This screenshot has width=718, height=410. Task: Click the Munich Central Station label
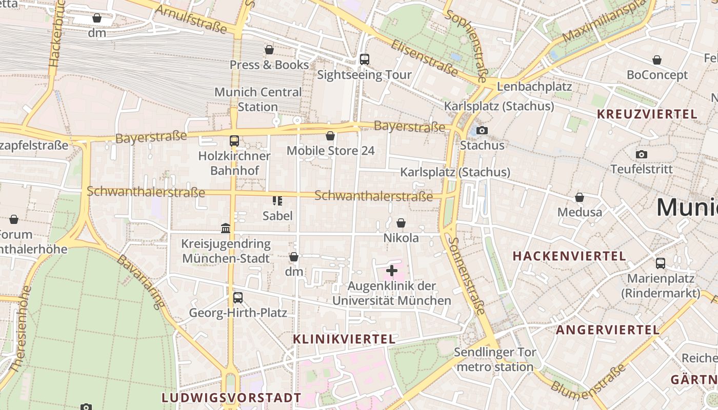click(258, 99)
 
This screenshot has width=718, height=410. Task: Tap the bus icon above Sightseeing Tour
click(364, 59)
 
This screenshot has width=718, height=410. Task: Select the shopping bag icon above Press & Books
click(269, 50)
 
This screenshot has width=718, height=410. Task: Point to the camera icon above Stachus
click(482, 130)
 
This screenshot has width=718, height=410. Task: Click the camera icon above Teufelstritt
click(641, 154)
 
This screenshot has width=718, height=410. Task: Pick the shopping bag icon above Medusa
click(580, 197)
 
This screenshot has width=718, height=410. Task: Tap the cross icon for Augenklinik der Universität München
click(392, 271)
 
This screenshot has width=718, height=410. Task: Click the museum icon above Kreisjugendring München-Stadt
click(226, 228)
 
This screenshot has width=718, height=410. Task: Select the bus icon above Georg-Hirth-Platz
click(237, 297)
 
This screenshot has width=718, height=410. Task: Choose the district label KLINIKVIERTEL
click(344, 339)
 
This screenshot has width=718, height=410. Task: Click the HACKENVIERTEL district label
click(569, 256)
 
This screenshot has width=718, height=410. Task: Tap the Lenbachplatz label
click(534, 86)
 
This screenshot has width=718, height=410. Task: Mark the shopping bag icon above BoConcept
click(657, 60)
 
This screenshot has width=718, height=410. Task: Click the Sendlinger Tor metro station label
click(495, 359)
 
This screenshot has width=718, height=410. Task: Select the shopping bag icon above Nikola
click(401, 223)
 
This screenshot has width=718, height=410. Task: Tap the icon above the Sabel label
click(277, 200)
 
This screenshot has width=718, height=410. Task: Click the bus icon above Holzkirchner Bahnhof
click(234, 140)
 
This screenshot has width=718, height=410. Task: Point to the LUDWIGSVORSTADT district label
click(231, 398)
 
